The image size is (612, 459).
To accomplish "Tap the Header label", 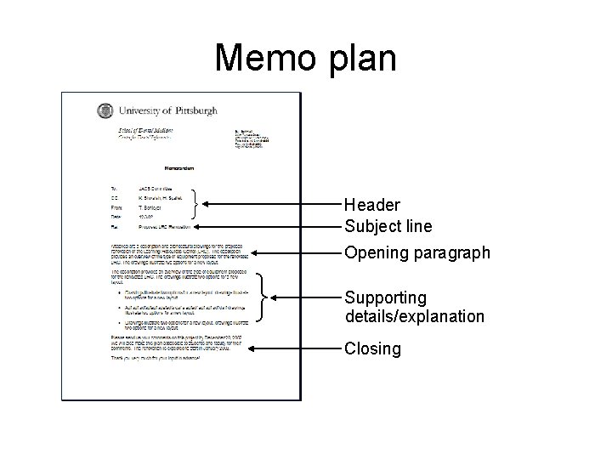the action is click(x=372, y=205).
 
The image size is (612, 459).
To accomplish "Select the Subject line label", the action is click(x=388, y=226).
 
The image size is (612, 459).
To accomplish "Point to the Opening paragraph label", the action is click(x=416, y=253).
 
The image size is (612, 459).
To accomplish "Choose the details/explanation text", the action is click(x=414, y=316).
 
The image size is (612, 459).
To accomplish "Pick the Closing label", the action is click(x=372, y=348).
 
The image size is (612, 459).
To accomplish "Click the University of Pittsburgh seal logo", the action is click(x=105, y=111).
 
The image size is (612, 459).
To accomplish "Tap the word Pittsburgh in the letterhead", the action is click(x=193, y=110).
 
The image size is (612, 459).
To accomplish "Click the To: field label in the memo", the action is click(x=104, y=188).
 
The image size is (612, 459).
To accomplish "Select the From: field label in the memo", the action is click(x=105, y=207).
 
